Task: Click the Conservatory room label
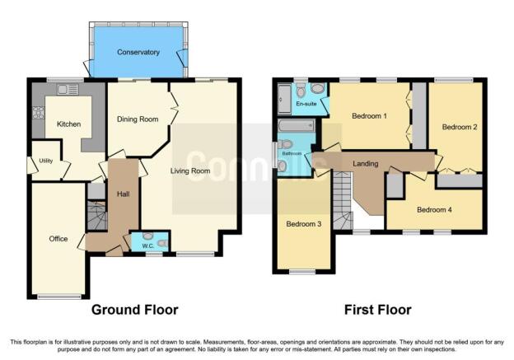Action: tap(138, 52)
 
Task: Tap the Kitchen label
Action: tap(69, 124)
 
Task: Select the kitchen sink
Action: tap(68, 89)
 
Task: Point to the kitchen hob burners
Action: tap(39, 113)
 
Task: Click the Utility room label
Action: tap(46, 161)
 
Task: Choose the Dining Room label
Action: tap(138, 119)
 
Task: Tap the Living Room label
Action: tap(190, 171)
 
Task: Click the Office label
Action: tap(58, 239)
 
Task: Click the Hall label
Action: tap(124, 194)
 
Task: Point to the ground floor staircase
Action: tap(96, 216)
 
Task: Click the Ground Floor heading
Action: tap(135, 310)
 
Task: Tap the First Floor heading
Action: tap(377, 310)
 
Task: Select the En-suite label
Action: tap(306, 104)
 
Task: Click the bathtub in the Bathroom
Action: tap(297, 126)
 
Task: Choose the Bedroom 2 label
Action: tap(460, 127)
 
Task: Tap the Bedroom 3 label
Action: tap(304, 224)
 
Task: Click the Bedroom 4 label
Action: tap(434, 209)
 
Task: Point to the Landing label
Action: tap(366, 163)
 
